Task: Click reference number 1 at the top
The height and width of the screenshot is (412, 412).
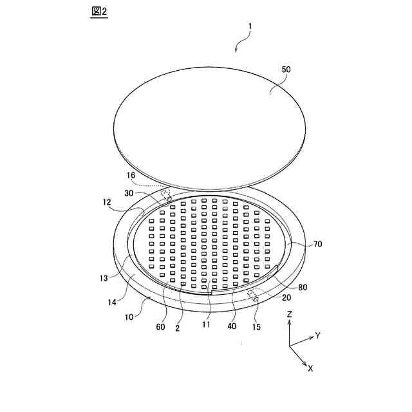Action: [x=250, y=27]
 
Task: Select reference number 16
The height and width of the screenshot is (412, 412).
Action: [x=131, y=175]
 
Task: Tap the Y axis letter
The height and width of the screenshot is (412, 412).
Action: [x=317, y=335]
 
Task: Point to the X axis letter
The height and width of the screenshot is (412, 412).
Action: [x=311, y=368]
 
